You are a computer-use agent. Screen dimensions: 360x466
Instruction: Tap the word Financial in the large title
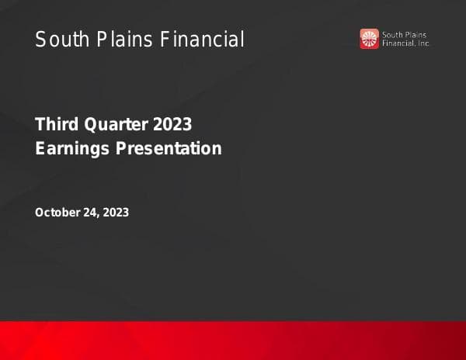pos(202,40)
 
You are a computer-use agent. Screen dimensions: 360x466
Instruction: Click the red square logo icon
pos(369,39)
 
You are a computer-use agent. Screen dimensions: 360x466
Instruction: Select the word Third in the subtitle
pos(55,124)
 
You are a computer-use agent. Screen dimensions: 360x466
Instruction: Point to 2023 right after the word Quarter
pos(172,124)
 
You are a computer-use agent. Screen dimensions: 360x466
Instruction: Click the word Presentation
pos(169,148)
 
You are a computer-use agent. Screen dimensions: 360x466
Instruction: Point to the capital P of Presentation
pos(120,148)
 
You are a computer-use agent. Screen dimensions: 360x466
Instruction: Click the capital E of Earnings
pos(40,148)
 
